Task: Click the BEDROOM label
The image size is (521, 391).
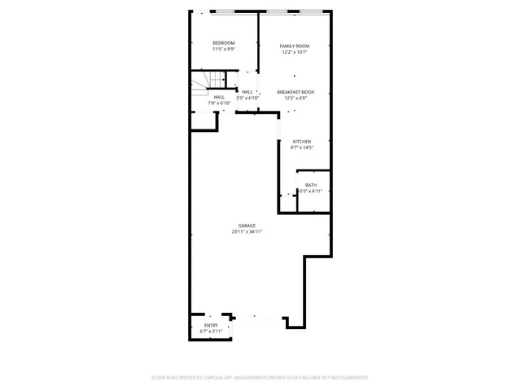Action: [x=224, y=43]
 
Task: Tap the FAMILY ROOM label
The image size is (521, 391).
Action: [x=296, y=46]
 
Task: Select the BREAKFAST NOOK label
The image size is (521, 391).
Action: [x=296, y=92]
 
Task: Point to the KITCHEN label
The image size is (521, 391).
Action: [x=302, y=142]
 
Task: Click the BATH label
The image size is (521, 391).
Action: [x=311, y=185]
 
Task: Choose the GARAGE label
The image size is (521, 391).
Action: [x=247, y=226]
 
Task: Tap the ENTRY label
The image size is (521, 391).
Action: [x=211, y=326]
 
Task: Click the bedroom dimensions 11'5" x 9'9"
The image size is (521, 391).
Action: [x=224, y=50]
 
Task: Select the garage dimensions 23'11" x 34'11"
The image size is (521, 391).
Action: [x=247, y=232]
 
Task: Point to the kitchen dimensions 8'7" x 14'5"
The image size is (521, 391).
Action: [x=302, y=148]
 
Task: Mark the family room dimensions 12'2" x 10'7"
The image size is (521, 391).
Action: [x=296, y=52]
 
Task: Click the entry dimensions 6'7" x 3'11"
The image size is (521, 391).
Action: [x=211, y=332]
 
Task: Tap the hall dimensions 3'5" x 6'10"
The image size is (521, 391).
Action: [x=247, y=98]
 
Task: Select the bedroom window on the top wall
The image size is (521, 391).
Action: [x=233, y=11]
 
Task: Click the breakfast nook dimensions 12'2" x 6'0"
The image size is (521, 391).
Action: [x=296, y=99]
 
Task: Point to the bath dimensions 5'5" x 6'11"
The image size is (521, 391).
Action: [x=311, y=191]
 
